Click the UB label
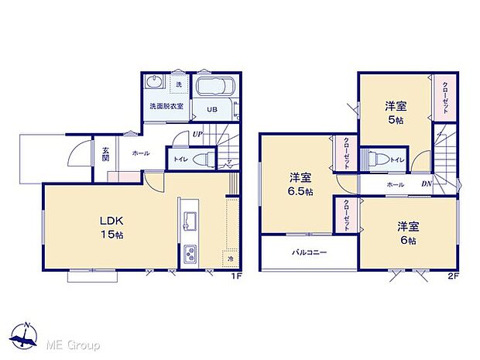[x=210, y=110]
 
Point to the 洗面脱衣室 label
[x=166, y=105]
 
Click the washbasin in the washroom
[x=153, y=83]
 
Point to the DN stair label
[x=426, y=183]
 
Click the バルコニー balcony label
[x=308, y=252]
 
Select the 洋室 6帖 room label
[x=408, y=232]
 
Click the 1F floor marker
[x=233, y=276]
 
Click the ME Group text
[x=71, y=343]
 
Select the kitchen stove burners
[x=190, y=253]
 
